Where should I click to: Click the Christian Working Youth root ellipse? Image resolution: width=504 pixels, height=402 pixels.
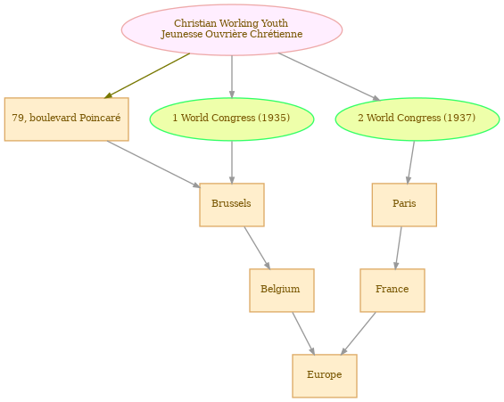click(x=232, y=30)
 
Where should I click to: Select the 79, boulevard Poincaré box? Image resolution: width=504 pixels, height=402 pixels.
click(x=67, y=119)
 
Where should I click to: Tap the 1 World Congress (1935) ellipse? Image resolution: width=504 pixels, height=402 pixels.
click(x=232, y=119)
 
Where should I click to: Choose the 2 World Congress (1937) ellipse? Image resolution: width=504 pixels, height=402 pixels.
click(x=417, y=119)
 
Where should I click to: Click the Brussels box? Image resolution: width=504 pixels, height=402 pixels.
click(x=232, y=205)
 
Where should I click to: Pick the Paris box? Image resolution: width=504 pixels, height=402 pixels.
click(x=404, y=205)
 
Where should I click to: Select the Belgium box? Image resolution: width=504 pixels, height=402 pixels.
click(x=282, y=291)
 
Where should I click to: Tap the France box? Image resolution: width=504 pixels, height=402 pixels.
click(x=392, y=291)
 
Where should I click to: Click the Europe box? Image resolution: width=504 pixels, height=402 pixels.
click(x=325, y=376)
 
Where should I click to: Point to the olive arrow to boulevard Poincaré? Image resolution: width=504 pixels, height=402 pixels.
click(x=147, y=76)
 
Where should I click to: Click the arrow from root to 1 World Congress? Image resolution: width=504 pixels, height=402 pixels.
click(x=232, y=77)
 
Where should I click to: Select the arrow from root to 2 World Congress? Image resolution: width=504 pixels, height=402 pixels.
click(x=329, y=77)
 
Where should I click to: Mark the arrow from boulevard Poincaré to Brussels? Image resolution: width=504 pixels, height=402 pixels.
click(x=153, y=164)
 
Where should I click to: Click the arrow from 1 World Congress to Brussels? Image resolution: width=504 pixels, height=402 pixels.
click(x=232, y=162)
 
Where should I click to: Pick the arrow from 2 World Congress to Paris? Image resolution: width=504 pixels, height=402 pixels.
click(x=411, y=162)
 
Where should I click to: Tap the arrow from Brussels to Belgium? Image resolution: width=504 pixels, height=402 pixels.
click(x=257, y=248)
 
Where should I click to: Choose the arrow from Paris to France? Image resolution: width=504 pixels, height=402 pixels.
click(x=398, y=248)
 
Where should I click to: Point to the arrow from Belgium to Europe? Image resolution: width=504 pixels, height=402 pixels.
click(x=303, y=333)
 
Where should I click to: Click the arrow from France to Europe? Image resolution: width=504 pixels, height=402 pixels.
click(x=358, y=333)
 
